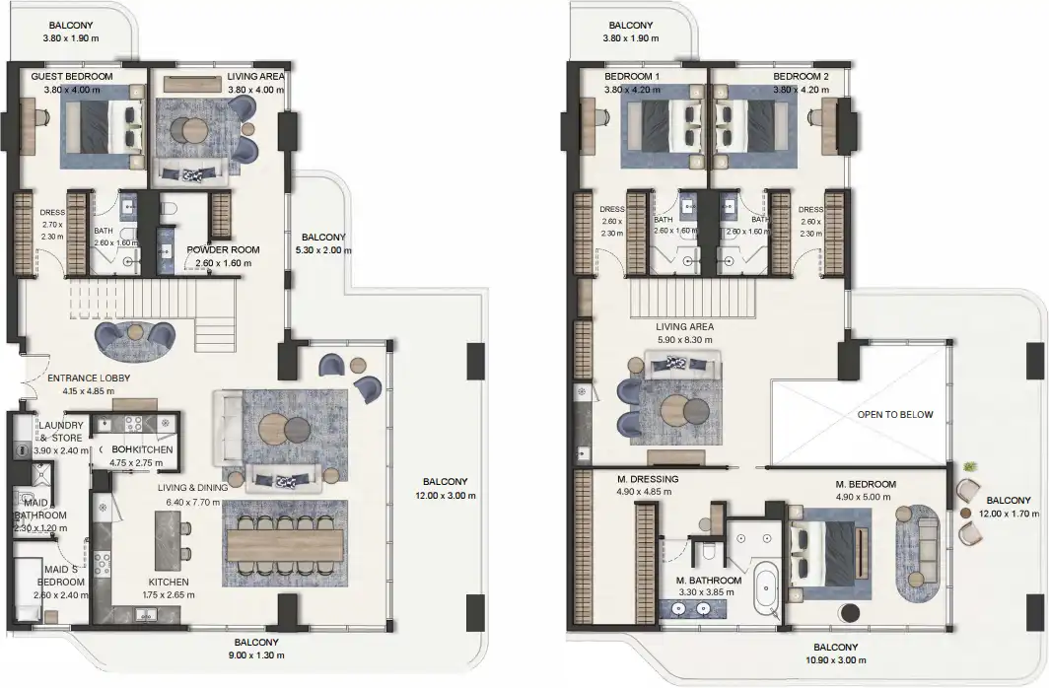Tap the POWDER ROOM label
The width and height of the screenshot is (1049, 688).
coord(224,250)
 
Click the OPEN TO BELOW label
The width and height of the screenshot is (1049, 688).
coord(894,414)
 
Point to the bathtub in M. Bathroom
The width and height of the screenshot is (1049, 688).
coord(764,589)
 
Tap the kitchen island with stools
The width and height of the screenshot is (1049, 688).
coord(166,540)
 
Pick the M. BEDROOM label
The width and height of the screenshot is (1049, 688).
coord(865,484)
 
